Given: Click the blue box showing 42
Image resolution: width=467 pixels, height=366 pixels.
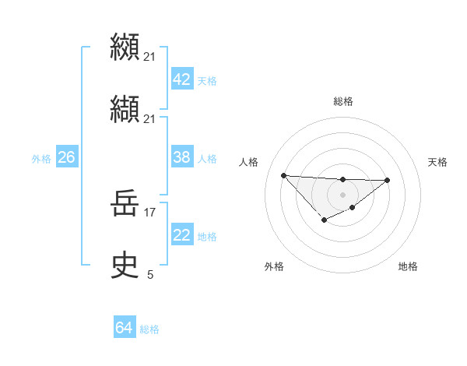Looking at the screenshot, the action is (181, 79).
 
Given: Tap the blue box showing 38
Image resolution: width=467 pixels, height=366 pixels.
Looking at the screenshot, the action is (181, 157).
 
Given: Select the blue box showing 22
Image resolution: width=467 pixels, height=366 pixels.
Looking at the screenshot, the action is (181, 235).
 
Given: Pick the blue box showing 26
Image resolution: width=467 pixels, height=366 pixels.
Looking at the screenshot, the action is (66, 157).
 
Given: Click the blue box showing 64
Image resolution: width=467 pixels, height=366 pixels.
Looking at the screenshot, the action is (124, 328).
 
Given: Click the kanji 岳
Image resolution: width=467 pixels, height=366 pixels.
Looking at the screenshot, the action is (125, 205).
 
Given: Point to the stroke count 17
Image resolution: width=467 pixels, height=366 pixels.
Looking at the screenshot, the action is (150, 211).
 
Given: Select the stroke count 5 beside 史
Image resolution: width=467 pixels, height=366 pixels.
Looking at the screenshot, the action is (150, 274).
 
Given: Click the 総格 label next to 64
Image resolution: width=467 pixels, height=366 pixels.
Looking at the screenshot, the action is (149, 329).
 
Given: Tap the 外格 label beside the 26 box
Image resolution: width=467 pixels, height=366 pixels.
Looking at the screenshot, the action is (41, 159).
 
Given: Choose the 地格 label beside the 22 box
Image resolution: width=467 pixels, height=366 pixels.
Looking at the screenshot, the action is (207, 237).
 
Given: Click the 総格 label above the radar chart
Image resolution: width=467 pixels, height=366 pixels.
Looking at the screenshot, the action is (342, 101).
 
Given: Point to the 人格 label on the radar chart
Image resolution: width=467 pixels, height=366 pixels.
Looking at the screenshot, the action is (249, 162).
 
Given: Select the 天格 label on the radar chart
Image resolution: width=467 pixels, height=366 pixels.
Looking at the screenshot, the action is (438, 162).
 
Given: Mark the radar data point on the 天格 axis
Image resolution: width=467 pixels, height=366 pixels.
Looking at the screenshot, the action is (388, 180).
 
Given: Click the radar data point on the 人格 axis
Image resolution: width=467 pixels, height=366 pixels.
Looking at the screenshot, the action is (283, 175).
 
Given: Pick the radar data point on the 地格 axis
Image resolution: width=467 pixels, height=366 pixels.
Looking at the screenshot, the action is (353, 207).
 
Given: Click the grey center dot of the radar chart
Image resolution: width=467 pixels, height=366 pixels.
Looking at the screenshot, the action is (342, 194).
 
